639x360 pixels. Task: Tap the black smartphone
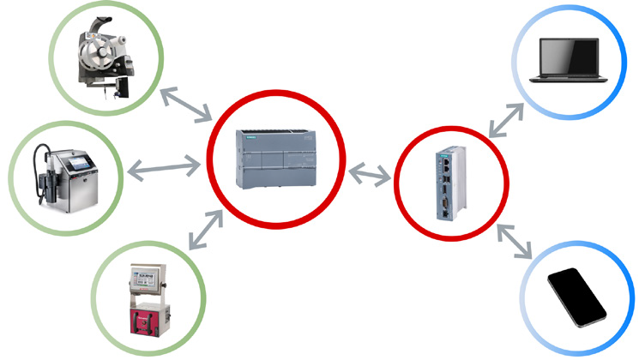576,296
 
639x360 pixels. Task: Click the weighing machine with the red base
149,301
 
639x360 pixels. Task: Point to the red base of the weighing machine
149,324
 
